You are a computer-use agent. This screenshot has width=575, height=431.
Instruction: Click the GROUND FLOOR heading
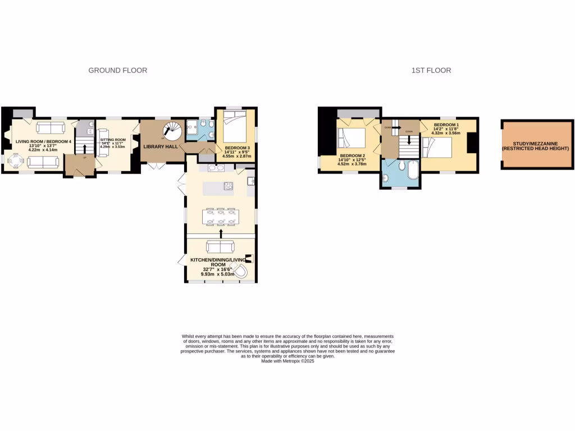coord(118,71)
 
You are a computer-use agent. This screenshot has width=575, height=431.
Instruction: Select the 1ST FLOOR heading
coord(431,71)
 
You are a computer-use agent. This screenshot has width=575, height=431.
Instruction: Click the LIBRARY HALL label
coord(161,146)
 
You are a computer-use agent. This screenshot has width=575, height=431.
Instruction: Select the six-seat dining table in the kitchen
coord(221,217)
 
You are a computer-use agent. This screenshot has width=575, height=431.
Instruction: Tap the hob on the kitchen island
coord(229,186)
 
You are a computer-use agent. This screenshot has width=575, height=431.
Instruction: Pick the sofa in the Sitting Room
coord(104,147)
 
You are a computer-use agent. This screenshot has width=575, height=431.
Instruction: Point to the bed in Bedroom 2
coord(350,138)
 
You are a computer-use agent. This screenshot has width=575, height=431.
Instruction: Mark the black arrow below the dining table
coord(221,232)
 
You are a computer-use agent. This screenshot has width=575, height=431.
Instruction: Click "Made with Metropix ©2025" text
coord(287,361)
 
